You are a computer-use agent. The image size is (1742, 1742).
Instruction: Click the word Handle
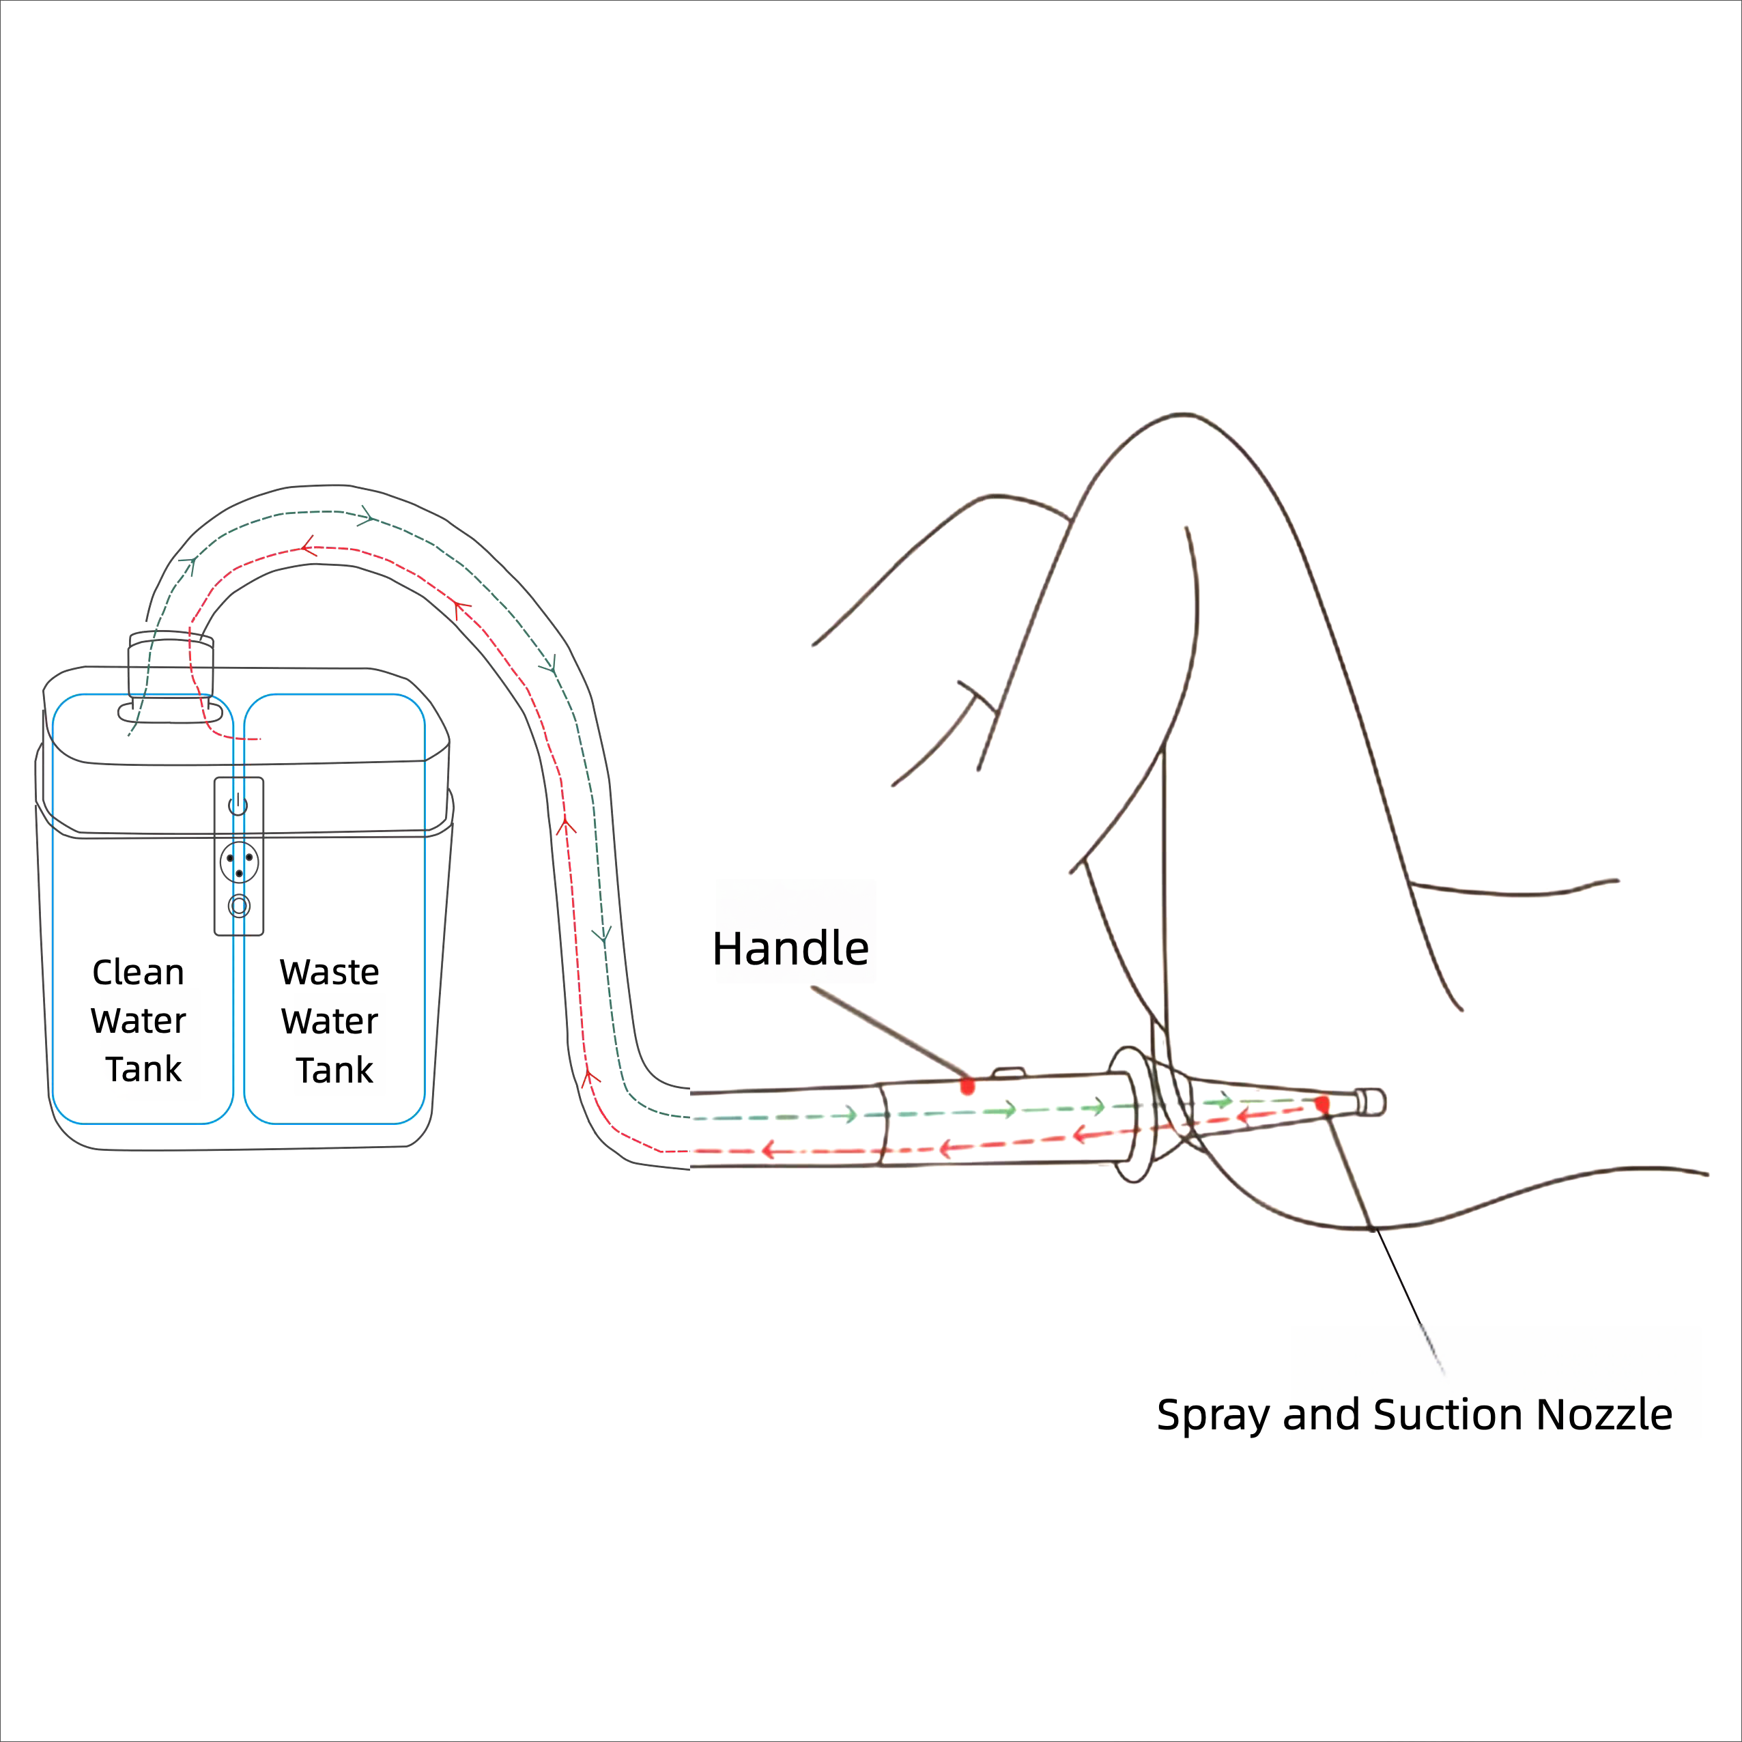[790, 949]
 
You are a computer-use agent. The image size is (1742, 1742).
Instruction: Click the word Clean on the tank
[138, 972]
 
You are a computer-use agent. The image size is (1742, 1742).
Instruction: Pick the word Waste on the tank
[329, 972]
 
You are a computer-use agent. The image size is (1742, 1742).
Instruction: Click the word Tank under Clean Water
[143, 1070]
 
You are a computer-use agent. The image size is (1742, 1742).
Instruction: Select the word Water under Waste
[329, 1022]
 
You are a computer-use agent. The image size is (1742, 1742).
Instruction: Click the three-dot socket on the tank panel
[239, 863]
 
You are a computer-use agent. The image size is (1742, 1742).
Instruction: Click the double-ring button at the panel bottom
[239, 906]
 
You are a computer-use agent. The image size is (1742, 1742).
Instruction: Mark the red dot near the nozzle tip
[1322, 1104]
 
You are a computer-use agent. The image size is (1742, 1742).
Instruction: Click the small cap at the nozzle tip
[1371, 1102]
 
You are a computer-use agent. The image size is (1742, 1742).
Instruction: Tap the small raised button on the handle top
[1008, 1073]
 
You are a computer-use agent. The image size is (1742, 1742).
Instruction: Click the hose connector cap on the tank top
[171, 666]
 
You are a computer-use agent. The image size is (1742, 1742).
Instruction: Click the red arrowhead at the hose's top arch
[307, 545]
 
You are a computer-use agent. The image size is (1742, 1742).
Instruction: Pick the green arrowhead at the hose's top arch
[366, 517]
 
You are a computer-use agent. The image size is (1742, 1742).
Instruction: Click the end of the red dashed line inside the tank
[258, 739]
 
